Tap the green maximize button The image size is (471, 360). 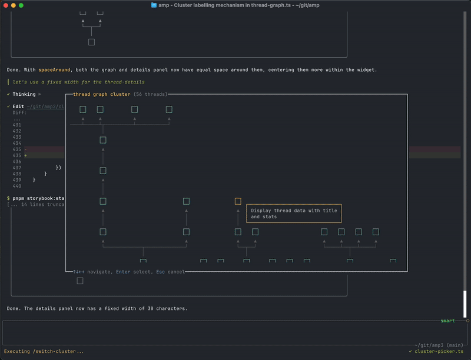[x=21, y=5]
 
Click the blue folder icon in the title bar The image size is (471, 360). [x=154, y=5]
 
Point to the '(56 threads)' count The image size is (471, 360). [x=150, y=94]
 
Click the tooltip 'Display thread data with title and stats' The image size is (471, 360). [x=294, y=213]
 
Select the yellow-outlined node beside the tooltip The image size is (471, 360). [x=238, y=201]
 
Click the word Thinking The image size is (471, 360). [x=24, y=94]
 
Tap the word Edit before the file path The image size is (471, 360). [x=18, y=106]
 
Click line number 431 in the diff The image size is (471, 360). [x=16, y=125]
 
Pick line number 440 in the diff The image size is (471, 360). [x=16, y=186]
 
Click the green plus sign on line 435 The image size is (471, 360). [x=25, y=155]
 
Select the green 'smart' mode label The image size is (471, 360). [x=447, y=321]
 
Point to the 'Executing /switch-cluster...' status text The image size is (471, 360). [x=44, y=351]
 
